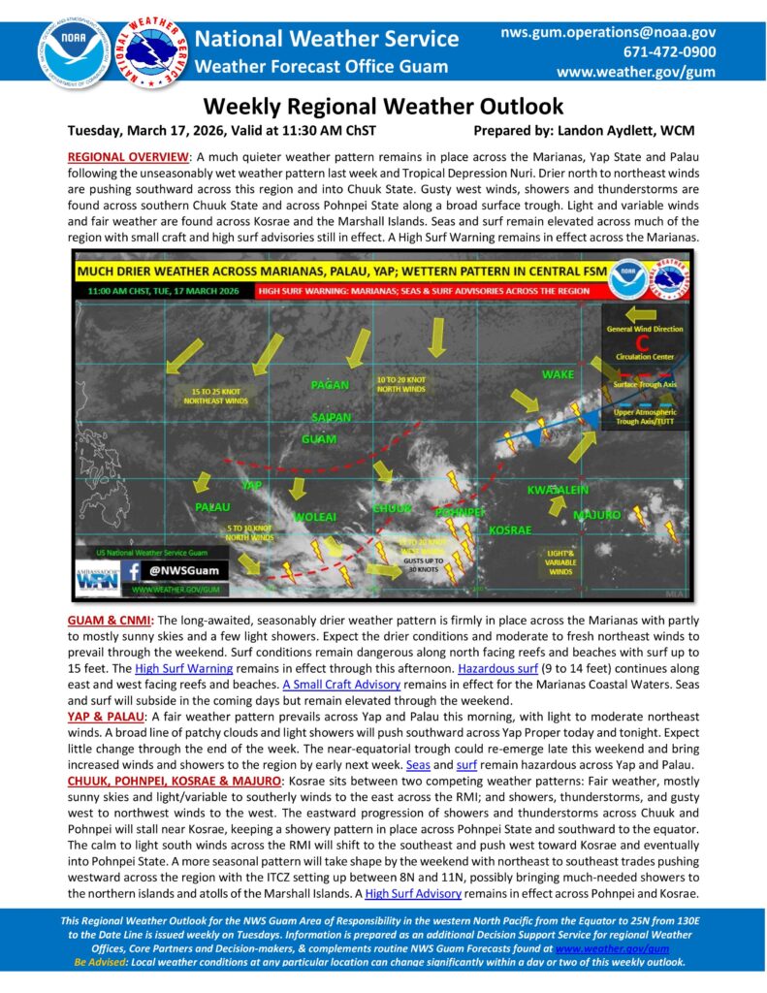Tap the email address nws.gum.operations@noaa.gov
coord(608,32)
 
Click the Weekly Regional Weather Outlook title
coord(383,106)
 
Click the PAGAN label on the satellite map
coord(330,385)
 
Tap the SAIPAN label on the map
coord(331,416)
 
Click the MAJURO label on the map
coord(595,514)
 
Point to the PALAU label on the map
coord(212,507)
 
